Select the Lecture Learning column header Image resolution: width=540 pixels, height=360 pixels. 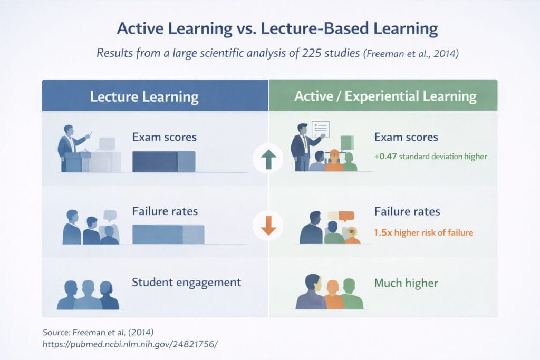coord(144,96)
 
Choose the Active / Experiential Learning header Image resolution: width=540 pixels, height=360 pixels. coord(385,96)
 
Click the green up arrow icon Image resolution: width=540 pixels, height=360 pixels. coord(268,158)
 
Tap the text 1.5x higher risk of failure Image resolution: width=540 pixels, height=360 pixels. coord(423,232)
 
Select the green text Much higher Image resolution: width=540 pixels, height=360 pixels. coord(406,283)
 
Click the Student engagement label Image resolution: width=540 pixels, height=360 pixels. coord(186,282)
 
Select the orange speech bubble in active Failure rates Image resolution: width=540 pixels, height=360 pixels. coord(346,215)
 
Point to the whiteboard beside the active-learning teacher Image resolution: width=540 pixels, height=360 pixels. coord(321,129)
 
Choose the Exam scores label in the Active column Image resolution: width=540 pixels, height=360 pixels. coord(406,137)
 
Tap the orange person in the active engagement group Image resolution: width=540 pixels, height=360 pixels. coord(333,295)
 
